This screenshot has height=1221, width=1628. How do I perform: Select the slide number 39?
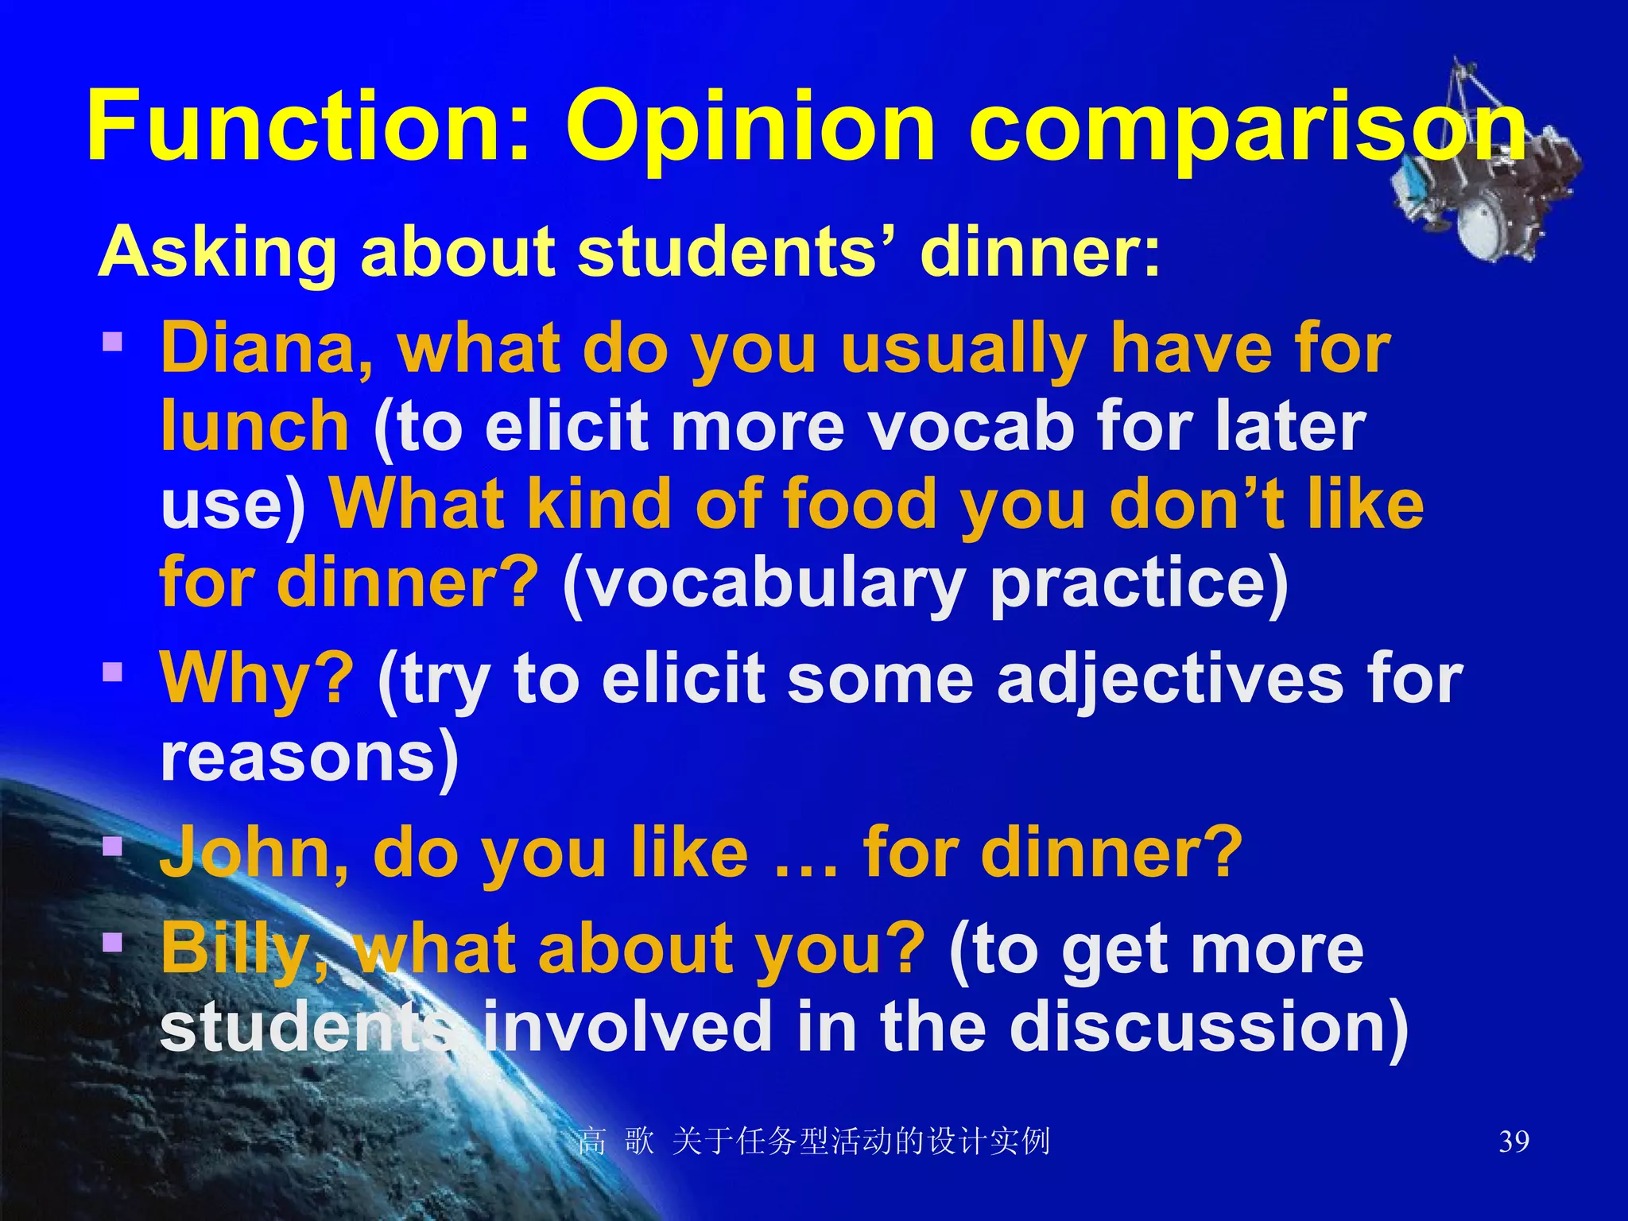[1514, 1142]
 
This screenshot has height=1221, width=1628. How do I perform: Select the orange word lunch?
[254, 426]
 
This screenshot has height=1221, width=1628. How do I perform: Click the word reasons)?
[310, 758]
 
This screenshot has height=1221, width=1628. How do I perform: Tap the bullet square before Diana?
[113, 342]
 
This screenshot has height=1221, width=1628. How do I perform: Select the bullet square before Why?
[113, 673]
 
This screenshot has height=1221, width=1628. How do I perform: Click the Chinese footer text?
[814, 1142]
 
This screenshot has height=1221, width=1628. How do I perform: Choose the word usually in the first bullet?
[963, 350]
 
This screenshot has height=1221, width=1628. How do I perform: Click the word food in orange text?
[859, 506]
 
